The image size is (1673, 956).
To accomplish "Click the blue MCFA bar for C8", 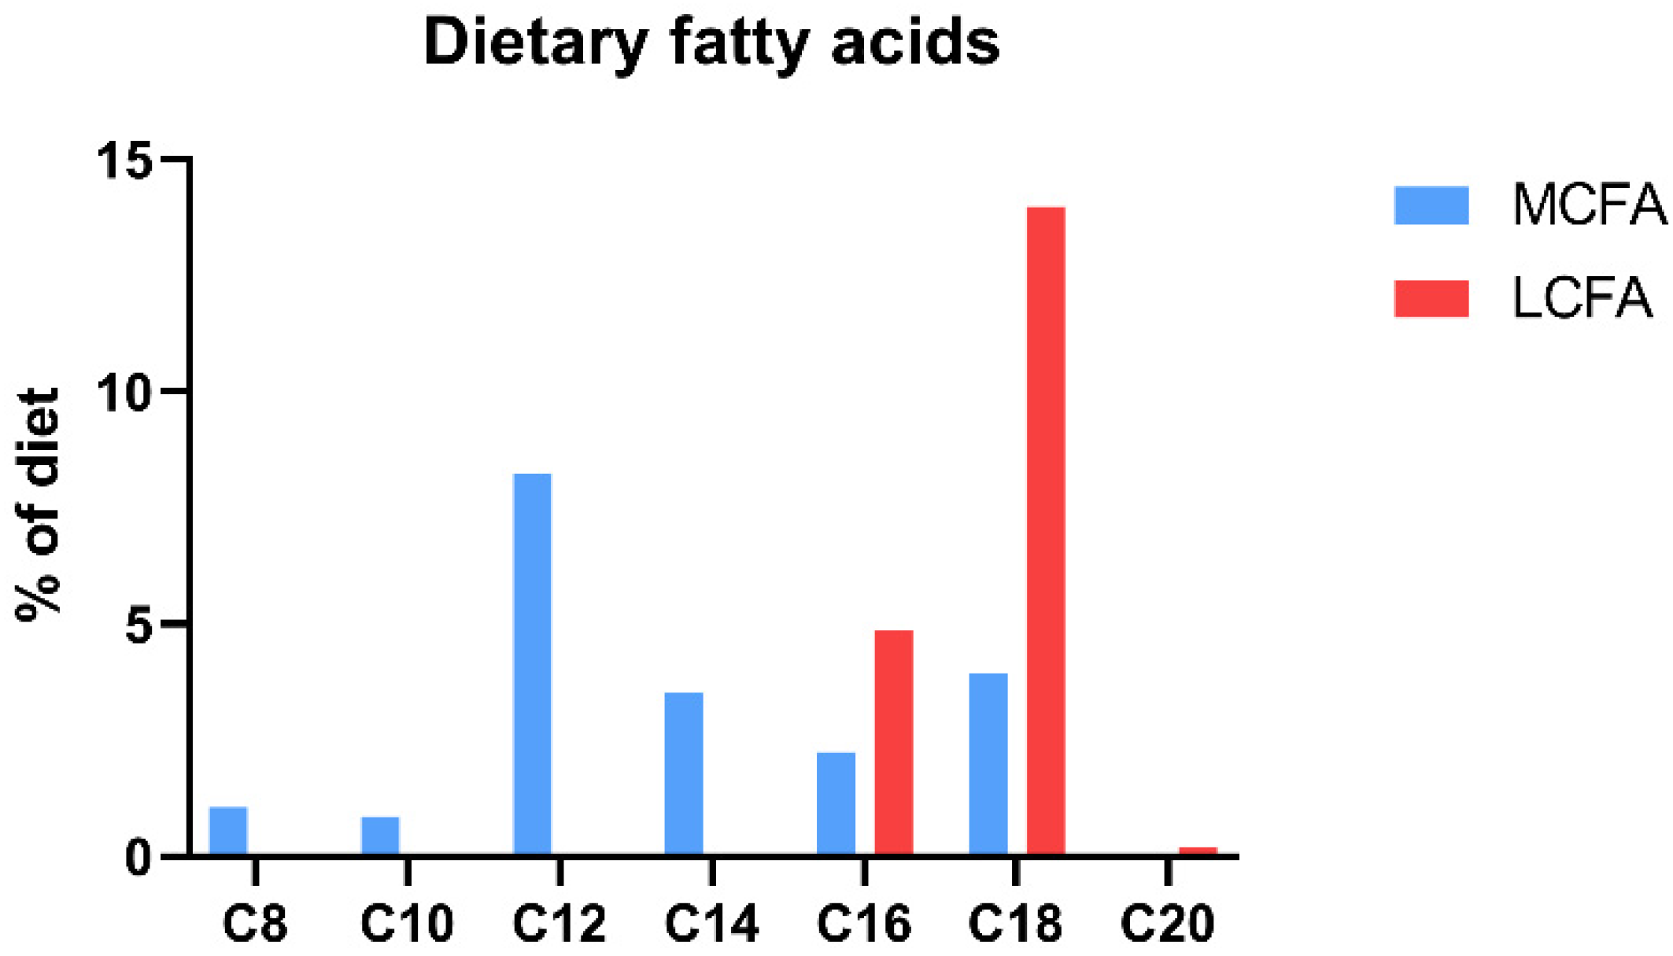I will coord(228,831).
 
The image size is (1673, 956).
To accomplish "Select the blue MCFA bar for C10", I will coord(380,836).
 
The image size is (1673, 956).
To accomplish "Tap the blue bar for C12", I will coord(533,665).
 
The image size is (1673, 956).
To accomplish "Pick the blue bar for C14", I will coord(684,773).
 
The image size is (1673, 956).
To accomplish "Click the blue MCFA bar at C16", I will coord(836,803).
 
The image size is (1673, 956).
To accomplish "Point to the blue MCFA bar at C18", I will coord(988,763).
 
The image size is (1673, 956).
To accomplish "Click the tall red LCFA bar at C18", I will coord(1046,531).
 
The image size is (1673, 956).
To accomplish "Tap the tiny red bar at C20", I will coord(1198,851).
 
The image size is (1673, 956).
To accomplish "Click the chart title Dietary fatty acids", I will coord(712,42).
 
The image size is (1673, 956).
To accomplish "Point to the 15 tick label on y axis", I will coord(124,162).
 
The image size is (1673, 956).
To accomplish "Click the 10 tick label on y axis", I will coord(124,393).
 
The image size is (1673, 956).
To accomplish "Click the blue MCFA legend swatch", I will coord(1431,206).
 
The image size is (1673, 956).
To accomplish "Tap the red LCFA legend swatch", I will coord(1431,299).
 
